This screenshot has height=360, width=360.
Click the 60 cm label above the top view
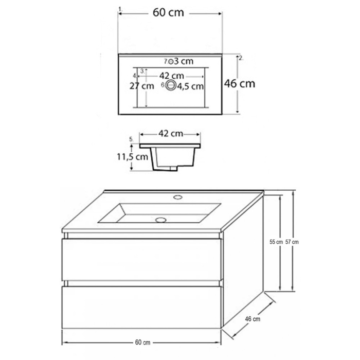170,13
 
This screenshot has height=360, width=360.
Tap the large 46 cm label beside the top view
240,83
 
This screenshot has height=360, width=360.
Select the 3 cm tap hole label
184,61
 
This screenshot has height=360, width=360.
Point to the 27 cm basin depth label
141,86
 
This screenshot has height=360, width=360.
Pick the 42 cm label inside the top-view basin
172,75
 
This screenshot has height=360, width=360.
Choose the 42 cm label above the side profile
170,134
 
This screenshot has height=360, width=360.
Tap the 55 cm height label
276,242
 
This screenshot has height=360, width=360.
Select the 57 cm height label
292,242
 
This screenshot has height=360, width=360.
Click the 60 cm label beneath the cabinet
142,343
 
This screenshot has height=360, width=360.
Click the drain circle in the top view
171,86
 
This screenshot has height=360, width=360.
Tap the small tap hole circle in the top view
171,61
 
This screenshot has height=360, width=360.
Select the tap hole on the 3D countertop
177,196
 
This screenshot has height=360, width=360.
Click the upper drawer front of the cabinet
141,260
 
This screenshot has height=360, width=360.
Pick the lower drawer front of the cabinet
141,306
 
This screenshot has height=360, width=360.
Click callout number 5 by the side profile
131,139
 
